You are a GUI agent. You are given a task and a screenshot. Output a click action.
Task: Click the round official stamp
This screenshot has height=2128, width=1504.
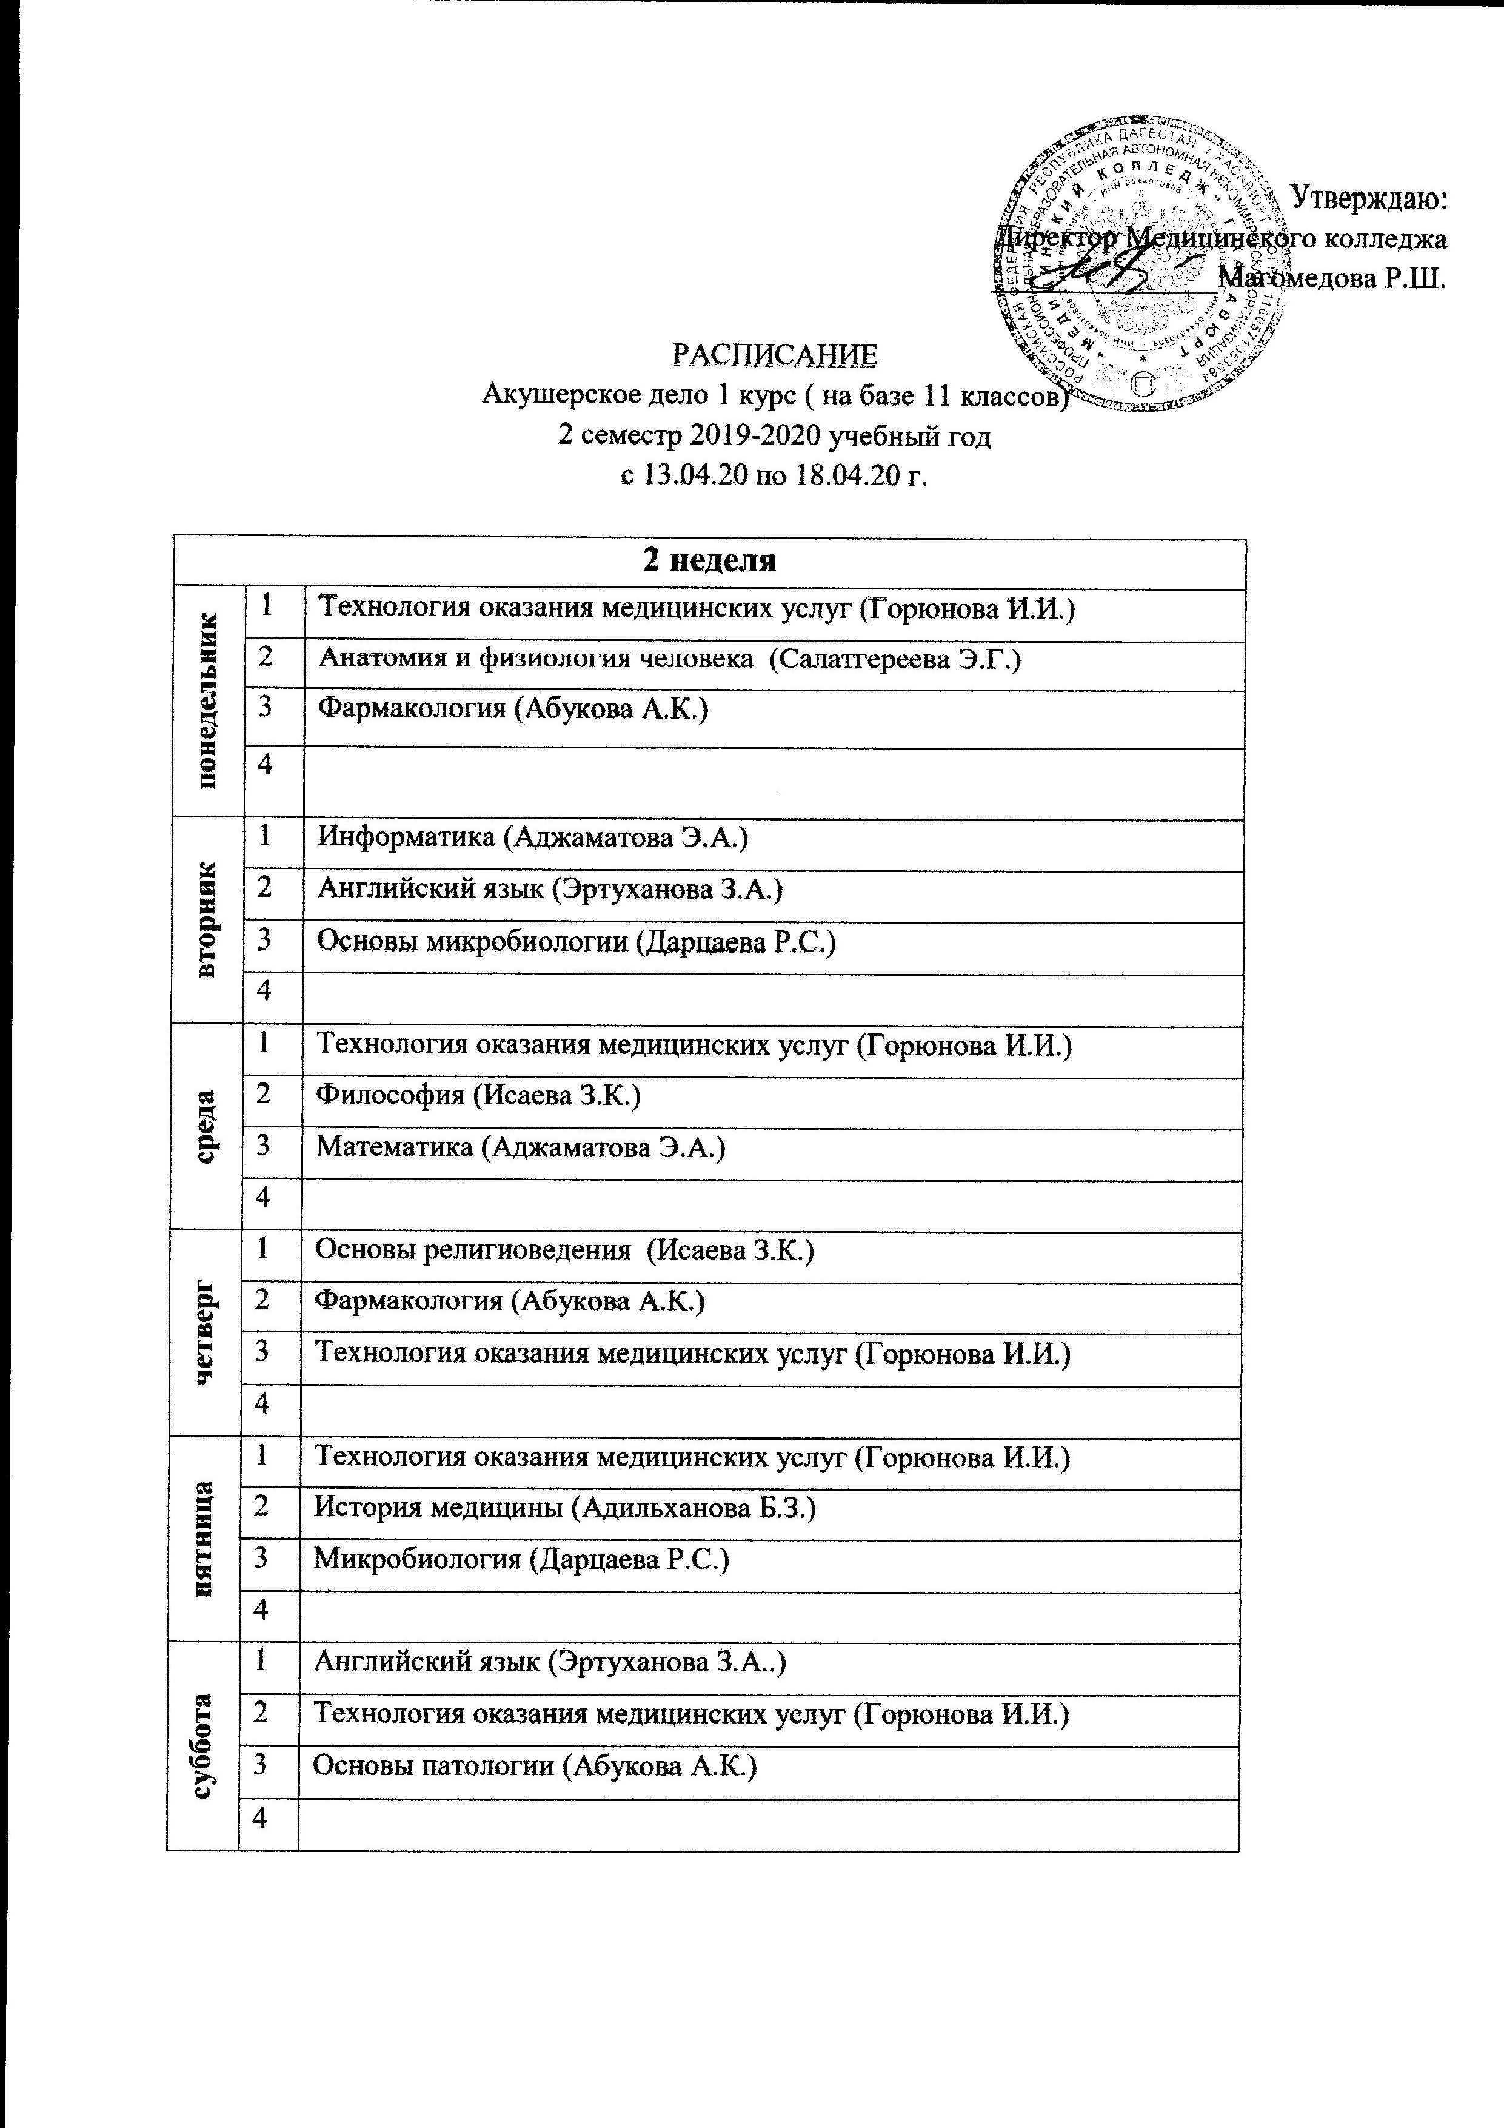click(1141, 264)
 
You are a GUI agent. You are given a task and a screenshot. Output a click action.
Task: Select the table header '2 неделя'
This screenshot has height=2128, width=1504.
click(708, 561)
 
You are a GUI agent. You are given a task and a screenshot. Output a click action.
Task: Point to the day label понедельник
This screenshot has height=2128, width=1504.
click(207, 700)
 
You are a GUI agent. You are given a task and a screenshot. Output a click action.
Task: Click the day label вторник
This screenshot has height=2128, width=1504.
click(207, 918)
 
